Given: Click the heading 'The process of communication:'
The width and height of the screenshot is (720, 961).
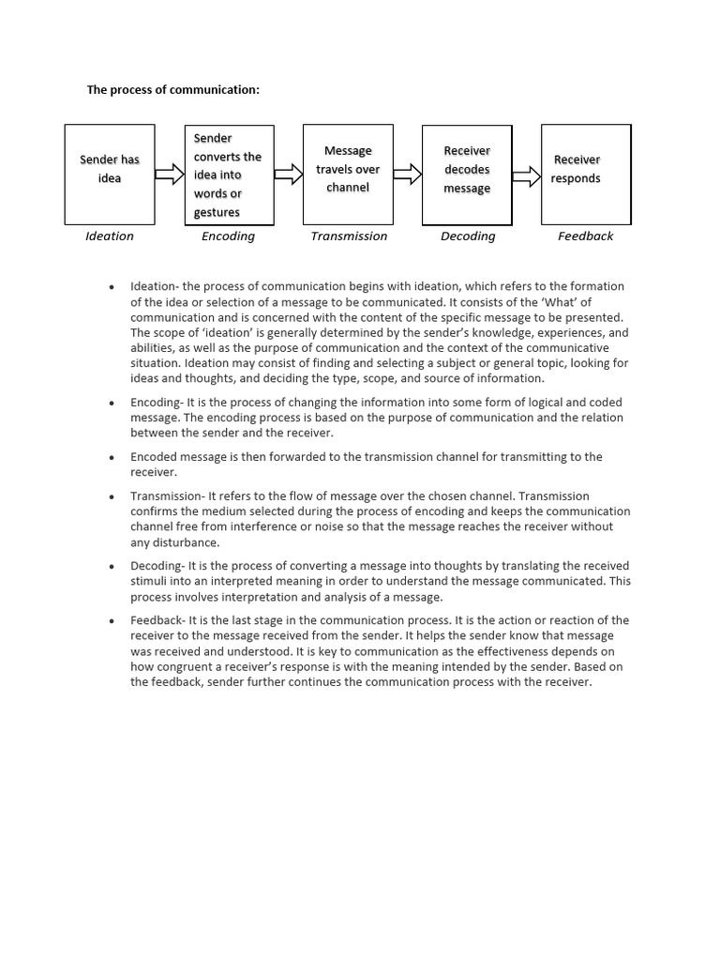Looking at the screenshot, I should [x=172, y=90].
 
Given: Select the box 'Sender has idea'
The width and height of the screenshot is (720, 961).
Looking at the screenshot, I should [x=110, y=175].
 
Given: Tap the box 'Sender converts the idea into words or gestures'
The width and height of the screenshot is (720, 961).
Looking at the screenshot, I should [x=229, y=175].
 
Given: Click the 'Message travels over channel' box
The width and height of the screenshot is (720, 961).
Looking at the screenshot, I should [x=348, y=174].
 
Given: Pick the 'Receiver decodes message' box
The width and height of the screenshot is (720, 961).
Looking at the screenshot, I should [x=467, y=175].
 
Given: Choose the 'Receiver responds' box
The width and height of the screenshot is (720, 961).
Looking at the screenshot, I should [x=586, y=175].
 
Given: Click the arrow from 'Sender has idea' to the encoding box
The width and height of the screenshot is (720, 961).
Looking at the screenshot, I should [x=170, y=175].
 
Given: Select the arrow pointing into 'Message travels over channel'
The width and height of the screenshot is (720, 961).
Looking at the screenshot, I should [x=289, y=175].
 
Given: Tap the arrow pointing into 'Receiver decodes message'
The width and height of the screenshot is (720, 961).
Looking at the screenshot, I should [x=408, y=175].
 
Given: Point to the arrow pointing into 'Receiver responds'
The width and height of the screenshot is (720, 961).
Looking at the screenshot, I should [x=527, y=175].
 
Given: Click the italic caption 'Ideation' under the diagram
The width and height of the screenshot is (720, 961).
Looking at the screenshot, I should [x=110, y=236].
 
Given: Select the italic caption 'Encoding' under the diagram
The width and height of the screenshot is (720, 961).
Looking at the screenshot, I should [x=228, y=236].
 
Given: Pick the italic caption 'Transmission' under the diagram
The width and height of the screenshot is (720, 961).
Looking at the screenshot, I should [x=349, y=236].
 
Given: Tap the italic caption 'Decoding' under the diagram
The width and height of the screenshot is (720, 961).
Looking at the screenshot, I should [x=468, y=236].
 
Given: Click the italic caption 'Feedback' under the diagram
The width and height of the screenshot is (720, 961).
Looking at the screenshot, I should [x=586, y=236].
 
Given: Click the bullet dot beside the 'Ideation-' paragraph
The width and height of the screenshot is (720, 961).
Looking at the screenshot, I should [x=112, y=287].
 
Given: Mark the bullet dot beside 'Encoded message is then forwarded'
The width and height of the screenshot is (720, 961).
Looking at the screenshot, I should [x=112, y=458].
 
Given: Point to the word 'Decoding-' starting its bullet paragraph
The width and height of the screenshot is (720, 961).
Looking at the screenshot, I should [x=156, y=566].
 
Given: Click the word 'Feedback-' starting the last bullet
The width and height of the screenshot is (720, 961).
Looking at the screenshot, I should [x=157, y=620].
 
